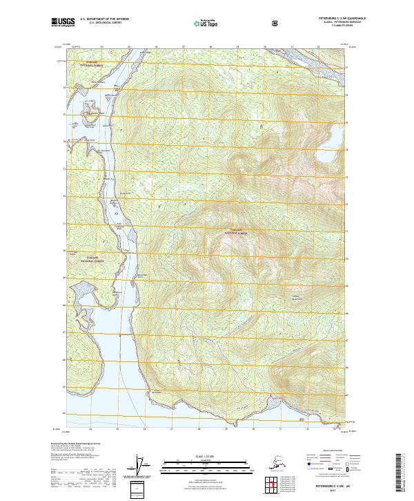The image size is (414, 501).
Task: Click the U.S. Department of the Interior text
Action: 104,19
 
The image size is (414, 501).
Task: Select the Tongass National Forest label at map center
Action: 235,233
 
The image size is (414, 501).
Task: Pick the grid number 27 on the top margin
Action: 183,47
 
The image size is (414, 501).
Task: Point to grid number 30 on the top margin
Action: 264,47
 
